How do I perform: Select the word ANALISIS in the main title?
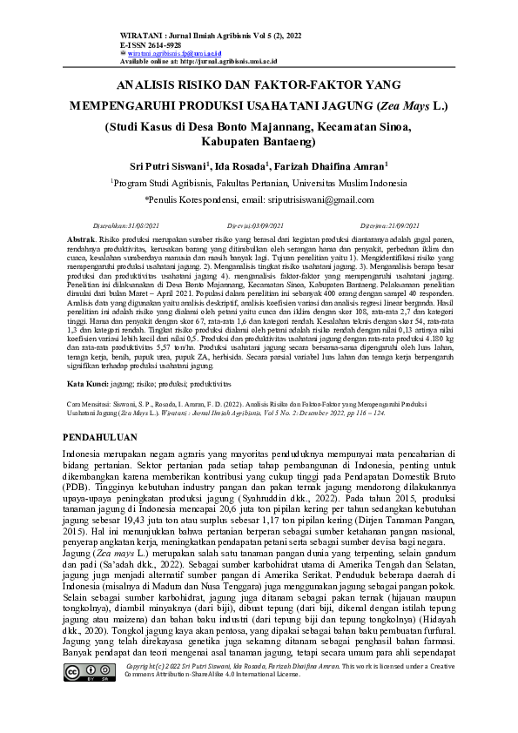coord(150,86)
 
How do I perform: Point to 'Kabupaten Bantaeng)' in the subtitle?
coord(258,140)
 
